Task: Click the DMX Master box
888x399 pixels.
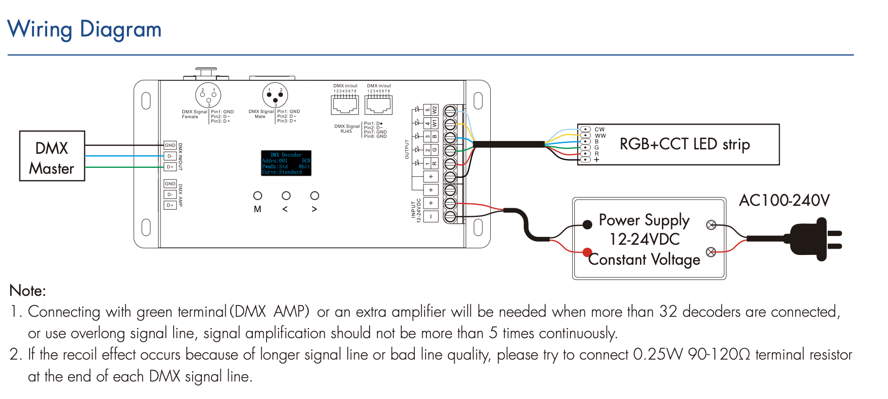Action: (x=52, y=156)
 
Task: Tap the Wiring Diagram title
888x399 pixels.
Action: (x=84, y=29)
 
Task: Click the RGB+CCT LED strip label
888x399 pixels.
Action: (x=684, y=145)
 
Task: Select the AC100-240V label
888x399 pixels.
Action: (x=784, y=200)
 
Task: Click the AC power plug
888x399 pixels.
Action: (x=810, y=239)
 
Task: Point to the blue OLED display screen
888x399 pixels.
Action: (x=286, y=163)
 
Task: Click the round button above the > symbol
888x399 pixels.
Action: (x=315, y=196)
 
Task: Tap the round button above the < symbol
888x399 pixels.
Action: (x=286, y=196)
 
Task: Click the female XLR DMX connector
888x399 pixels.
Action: (x=208, y=95)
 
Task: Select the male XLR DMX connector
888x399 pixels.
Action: (x=275, y=95)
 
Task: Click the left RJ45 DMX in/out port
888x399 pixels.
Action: (x=345, y=104)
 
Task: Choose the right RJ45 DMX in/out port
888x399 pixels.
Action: (x=379, y=104)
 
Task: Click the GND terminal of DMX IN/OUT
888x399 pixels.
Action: (x=170, y=145)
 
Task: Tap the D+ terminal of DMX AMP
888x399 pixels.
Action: (x=170, y=205)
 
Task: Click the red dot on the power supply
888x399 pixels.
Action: (x=587, y=252)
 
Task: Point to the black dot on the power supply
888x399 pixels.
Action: (x=587, y=224)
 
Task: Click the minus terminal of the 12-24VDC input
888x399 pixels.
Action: (x=431, y=217)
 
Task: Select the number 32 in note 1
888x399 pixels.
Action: (x=668, y=311)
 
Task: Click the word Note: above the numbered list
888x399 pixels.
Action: (x=28, y=291)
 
